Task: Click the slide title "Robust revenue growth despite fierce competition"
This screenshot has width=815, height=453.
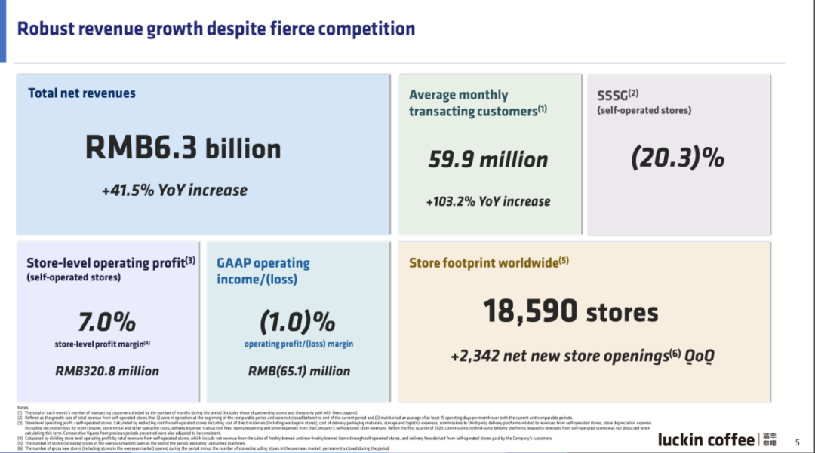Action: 216,29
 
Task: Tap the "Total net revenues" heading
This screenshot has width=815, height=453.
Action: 81,93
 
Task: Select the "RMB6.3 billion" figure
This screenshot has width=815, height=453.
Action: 183,148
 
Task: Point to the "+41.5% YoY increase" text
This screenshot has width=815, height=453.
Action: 174,190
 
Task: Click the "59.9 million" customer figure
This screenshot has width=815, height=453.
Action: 488,160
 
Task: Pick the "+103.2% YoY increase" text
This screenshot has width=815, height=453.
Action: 488,201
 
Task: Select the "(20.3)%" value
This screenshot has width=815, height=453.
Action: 678,158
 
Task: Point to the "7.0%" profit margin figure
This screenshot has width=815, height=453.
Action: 107,322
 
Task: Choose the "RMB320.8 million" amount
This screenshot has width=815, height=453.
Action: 107,371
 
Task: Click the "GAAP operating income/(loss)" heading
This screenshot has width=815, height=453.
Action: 263,271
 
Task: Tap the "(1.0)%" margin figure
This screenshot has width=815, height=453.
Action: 298,322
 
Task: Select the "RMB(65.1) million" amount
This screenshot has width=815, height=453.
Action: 299,371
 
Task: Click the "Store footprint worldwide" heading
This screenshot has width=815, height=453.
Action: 488,263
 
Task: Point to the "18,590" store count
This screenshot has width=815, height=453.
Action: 531,311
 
